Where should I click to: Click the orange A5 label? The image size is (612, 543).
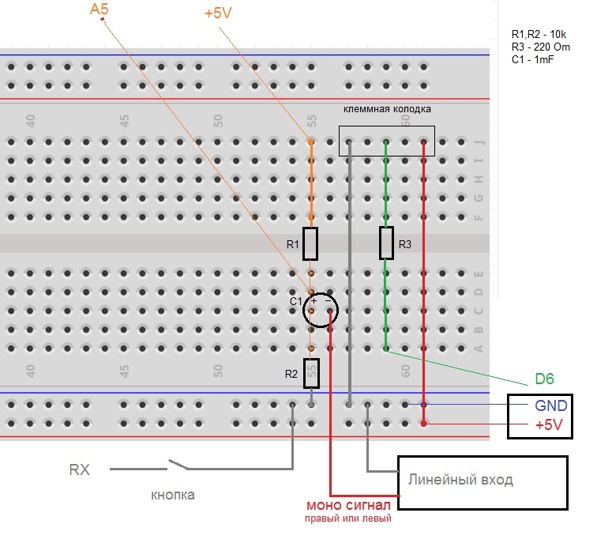pos(99,9)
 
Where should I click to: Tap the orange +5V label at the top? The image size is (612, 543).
pos(218,13)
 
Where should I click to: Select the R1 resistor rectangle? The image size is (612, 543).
pos(310,243)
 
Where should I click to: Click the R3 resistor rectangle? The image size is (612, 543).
pos(386,243)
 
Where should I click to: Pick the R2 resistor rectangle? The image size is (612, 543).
pos(311,373)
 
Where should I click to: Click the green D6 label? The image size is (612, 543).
pos(544,379)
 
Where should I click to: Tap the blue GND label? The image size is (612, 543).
pos(550,405)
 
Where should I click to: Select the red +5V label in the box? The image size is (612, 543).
pos(549,424)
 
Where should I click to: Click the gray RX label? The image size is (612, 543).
pos(79,469)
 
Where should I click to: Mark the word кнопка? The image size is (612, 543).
pos(172,495)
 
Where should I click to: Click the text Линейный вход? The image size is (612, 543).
pos(460,480)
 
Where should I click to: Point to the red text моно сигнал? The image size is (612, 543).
pos(348,505)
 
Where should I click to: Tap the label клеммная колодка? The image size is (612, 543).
pos(387,109)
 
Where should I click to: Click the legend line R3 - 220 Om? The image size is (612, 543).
pos(541,47)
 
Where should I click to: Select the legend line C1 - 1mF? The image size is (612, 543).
pos(533,59)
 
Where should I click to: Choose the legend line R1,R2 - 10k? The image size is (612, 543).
pos(539,34)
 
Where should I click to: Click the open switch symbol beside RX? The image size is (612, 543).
pos(178,465)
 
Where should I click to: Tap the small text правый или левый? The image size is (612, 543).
pos(348,518)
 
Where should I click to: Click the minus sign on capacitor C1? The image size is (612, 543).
pos(328,301)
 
